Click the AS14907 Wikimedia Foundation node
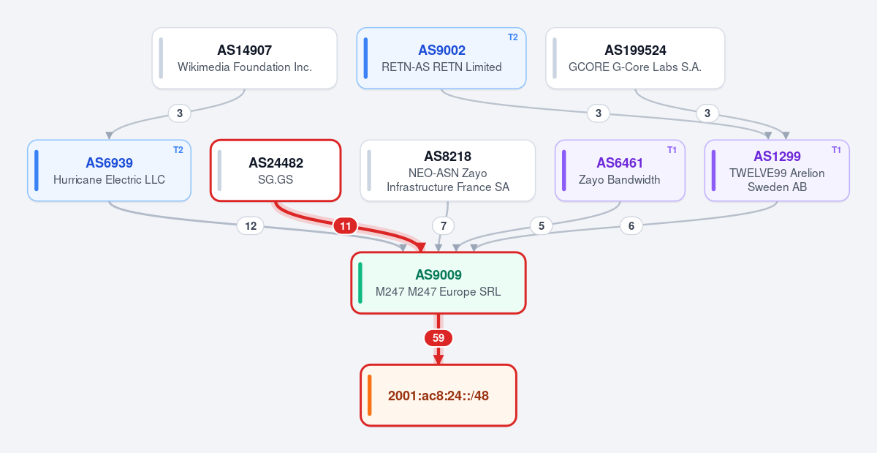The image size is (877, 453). (x=245, y=58)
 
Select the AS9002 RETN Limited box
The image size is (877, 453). (x=441, y=58)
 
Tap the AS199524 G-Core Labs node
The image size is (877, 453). (x=635, y=58)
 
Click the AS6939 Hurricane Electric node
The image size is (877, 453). (x=109, y=171)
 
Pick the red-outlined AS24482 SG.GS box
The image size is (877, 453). (x=276, y=171)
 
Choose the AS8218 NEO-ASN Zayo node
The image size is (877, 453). (x=448, y=171)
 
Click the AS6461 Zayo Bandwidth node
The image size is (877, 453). (x=620, y=171)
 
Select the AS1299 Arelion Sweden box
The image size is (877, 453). (x=777, y=171)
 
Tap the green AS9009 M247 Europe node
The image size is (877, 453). (x=438, y=282)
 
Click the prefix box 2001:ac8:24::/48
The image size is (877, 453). (x=438, y=395)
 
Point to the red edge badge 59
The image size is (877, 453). (x=438, y=337)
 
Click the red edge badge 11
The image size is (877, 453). (x=345, y=226)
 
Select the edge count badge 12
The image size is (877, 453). (x=251, y=226)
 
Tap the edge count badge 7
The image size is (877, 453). (x=443, y=226)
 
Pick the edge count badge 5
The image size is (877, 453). (x=542, y=226)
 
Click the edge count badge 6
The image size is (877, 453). (x=631, y=226)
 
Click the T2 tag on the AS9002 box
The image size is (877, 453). (x=513, y=37)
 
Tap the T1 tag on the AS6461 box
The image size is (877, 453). (x=672, y=150)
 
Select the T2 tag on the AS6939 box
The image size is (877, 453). (x=178, y=150)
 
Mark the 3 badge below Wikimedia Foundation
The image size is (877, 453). (x=179, y=113)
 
